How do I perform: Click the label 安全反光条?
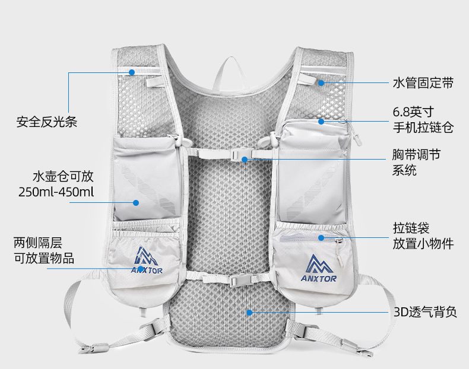coord(47,123)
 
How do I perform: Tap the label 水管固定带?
coord(422,83)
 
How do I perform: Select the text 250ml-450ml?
coord(56,192)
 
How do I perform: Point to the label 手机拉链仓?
coord(422,127)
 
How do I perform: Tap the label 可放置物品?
coord(44,257)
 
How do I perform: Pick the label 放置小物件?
coord(422,243)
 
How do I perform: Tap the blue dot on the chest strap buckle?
coord(245,158)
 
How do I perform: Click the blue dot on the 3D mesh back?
coord(250,311)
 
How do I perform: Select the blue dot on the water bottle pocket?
coord(136,202)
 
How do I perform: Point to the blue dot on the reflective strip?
coord(132,72)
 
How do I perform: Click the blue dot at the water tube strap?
coord(321,83)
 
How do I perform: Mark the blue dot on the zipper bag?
coord(321,238)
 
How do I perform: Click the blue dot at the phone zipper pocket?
coord(321,122)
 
